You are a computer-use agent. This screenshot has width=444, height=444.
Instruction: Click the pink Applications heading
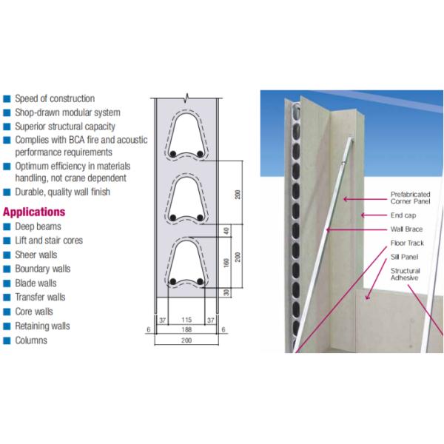click(34, 212)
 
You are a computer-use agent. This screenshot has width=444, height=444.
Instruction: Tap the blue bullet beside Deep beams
click(7, 226)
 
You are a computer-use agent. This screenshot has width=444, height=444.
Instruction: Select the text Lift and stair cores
click(49, 240)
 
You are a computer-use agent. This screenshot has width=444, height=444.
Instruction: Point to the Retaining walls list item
click(42, 326)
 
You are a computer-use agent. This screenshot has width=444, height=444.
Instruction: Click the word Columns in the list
click(31, 340)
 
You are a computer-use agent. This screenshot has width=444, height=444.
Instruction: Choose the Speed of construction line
click(55, 98)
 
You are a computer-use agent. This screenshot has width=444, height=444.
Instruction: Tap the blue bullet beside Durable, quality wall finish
click(7, 192)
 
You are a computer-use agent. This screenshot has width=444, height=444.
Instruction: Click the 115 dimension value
click(186, 320)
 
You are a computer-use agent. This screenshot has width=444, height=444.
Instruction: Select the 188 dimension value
click(186, 329)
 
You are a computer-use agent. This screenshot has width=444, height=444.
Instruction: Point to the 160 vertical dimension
click(226, 263)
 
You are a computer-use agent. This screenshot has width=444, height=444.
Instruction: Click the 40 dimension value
click(226, 231)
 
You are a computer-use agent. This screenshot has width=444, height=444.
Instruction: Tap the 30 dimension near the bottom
click(226, 292)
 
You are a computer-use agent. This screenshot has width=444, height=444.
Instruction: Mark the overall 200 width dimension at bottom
click(186, 340)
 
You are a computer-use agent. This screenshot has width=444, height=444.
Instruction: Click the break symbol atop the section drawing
click(186, 98)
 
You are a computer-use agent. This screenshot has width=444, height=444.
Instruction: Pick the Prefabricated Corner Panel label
click(410, 198)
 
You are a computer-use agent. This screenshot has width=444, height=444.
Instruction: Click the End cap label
click(403, 215)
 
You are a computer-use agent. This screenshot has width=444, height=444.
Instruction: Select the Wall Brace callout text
click(406, 229)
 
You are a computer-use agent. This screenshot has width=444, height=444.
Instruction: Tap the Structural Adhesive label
click(406, 274)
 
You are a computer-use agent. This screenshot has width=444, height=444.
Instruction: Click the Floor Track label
click(407, 243)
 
